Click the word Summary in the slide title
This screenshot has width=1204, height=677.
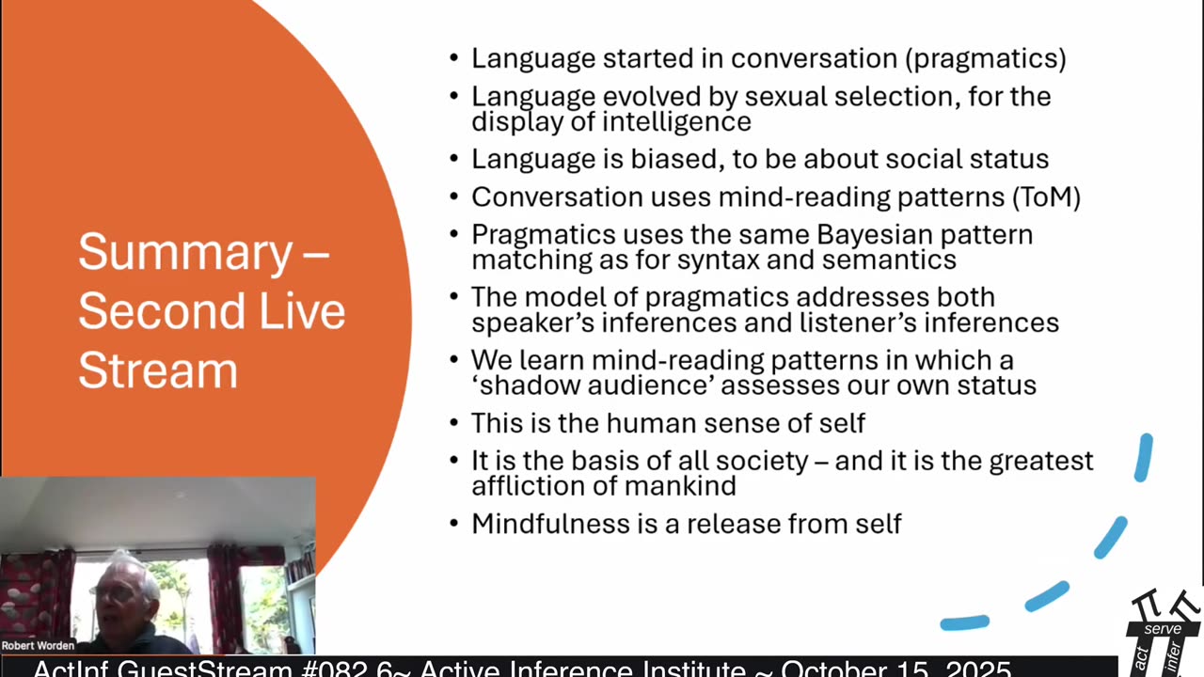185,254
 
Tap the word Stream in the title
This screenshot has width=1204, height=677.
158,370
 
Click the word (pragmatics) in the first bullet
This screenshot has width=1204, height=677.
986,59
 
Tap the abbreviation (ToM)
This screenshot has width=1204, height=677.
1046,197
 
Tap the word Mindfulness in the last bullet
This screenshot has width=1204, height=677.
550,524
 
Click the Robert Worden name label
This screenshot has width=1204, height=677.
38,646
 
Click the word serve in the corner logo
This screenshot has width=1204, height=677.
1163,629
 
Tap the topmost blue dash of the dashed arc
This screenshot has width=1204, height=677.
1143,458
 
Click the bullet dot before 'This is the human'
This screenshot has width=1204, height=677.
454,423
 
